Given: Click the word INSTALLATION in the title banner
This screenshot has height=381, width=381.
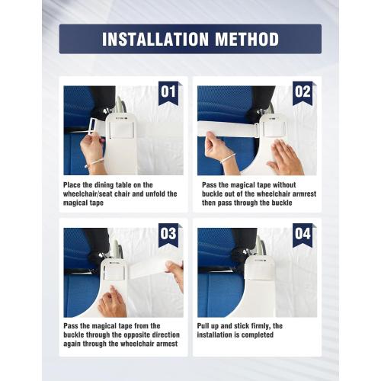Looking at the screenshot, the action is tap(155, 39).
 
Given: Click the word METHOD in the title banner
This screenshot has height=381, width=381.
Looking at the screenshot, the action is tap(247, 39).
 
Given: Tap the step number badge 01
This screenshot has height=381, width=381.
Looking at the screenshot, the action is tap(168, 93).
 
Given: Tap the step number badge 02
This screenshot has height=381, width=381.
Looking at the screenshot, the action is tap(303, 93).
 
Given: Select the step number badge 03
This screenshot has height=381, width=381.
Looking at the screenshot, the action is tap(168, 235).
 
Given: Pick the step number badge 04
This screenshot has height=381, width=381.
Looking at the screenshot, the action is tap(303, 235).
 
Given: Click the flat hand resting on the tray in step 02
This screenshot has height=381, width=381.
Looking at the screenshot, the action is tap(286, 158).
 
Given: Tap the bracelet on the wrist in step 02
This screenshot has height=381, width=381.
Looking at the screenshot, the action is tap(228, 159).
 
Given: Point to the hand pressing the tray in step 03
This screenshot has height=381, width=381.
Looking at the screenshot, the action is tap(112, 303).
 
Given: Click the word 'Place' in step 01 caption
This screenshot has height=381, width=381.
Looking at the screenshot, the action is tap(72, 185).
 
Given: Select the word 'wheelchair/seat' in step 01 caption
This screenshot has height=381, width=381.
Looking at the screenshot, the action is tap(88, 194).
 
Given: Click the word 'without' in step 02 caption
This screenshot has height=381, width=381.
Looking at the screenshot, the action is tap(284, 185).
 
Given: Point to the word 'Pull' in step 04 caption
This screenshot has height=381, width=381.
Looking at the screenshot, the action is tap(203, 326).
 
